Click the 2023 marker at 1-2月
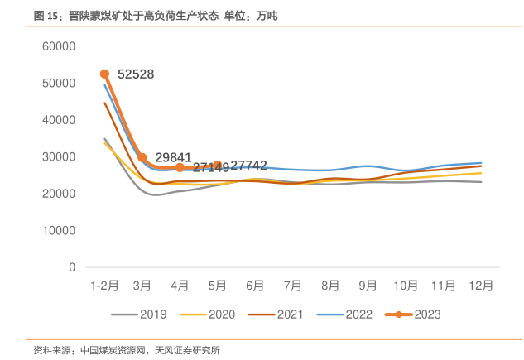point(104,74)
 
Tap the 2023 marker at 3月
point(142,157)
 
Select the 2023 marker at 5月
point(218,166)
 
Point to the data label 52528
point(136,74)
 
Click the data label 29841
point(173,157)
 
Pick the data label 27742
point(248,166)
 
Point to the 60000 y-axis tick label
point(59,46)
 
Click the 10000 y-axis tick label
point(59,230)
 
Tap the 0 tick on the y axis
point(72,267)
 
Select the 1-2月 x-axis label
point(104,286)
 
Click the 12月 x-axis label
point(481,286)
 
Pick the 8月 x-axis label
point(330,286)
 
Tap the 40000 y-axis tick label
point(59,120)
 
